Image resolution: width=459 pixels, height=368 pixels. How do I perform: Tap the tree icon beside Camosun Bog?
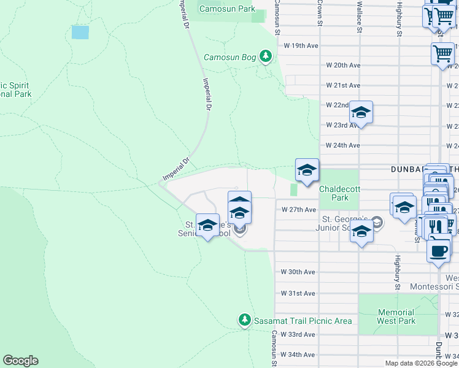pyautogui.click(x=265, y=57)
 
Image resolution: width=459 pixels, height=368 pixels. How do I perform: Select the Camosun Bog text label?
pyautogui.click(x=229, y=58)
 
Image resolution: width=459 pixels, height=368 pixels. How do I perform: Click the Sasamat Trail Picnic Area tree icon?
pyautogui.click(x=244, y=320)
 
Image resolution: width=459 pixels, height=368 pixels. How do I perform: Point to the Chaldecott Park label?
pyautogui.click(x=334, y=193)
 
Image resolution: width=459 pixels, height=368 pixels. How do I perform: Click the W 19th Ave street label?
pyautogui.click(x=300, y=45)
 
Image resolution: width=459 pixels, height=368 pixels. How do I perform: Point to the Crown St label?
pyautogui.click(x=320, y=12)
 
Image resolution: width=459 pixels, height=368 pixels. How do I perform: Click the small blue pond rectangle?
pyautogui.click(x=80, y=32)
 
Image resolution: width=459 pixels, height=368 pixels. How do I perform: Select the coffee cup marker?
pyautogui.click(x=438, y=250)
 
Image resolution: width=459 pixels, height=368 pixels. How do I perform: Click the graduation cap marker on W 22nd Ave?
pyautogui.click(x=361, y=113)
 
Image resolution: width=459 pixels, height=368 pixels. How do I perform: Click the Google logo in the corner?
pyautogui.click(x=20, y=361)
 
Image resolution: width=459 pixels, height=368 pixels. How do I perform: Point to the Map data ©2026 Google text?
pyautogui.click(x=421, y=363)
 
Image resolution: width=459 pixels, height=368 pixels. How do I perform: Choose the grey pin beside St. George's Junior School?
pyautogui.click(x=378, y=224)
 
